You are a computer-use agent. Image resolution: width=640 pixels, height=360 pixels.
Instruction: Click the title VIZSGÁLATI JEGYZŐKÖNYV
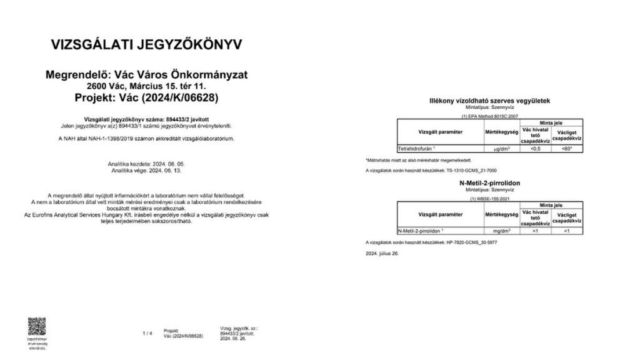click(x=146, y=45)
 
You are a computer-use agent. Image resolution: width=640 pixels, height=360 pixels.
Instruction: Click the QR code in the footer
click(x=37, y=326)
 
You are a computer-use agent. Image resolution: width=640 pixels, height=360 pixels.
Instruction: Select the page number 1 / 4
click(x=147, y=333)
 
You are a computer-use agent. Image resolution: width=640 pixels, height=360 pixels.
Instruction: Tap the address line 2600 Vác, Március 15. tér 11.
click(x=146, y=86)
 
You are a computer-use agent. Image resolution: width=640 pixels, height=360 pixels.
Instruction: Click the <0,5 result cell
click(x=535, y=149)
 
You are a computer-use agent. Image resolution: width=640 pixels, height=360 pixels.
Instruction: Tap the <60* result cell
click(x=566, y=149)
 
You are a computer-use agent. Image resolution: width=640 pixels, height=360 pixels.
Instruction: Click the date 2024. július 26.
click(x=382, y=254)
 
